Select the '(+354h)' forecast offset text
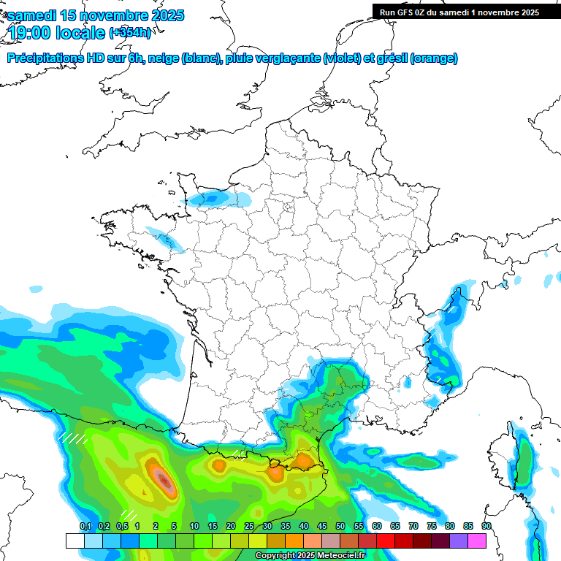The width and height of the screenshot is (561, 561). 130,33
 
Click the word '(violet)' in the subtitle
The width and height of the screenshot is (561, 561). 343,58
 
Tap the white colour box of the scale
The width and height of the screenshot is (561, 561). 75,541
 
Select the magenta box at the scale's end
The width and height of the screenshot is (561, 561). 477,541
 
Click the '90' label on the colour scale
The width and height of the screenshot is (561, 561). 486,526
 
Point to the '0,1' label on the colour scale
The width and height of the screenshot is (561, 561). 85,526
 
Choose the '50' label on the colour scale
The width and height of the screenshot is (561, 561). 340,526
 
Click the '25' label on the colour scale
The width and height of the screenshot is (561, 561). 249,526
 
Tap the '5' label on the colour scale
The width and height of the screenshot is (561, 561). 174,526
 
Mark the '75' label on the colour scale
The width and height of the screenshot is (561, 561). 432,526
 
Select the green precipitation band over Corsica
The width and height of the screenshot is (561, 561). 522,460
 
